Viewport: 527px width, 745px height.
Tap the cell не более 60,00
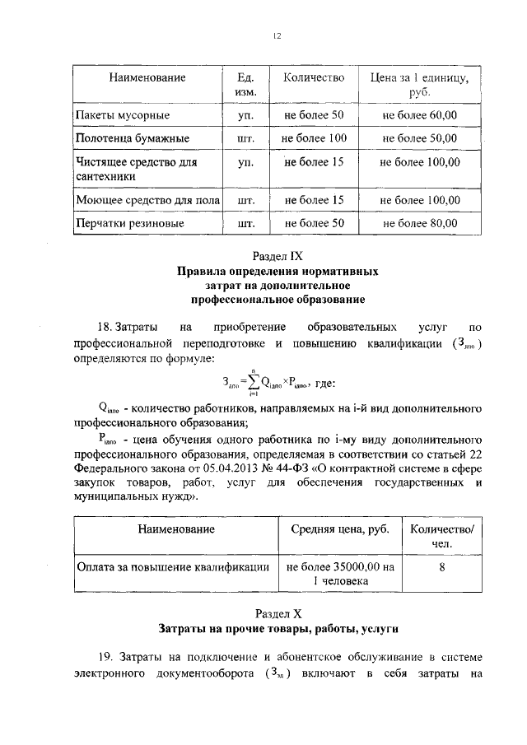click(x=420, y=114)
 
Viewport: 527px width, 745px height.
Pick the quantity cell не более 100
click(x=313, y=138)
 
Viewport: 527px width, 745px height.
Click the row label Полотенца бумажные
click(x=133, y=138)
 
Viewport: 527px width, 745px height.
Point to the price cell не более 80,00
click(x=420, y=222)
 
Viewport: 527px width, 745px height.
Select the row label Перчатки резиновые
click(x=130, y=222)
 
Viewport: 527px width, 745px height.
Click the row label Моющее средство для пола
click(x=146, y=199)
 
